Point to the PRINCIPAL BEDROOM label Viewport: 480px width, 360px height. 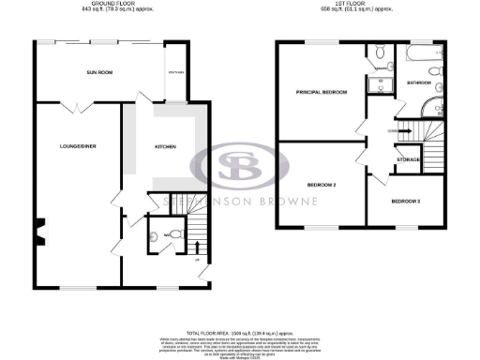coord(322,92)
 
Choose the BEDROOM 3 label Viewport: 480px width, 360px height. coord(406,202)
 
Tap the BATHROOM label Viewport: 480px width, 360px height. coord(418,83)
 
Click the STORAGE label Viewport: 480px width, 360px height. coord(408,159)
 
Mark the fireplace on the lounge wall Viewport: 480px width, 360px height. coord(39,230)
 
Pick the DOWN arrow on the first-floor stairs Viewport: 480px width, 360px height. coord(397,131)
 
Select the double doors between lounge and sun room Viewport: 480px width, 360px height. coord(71,108)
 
